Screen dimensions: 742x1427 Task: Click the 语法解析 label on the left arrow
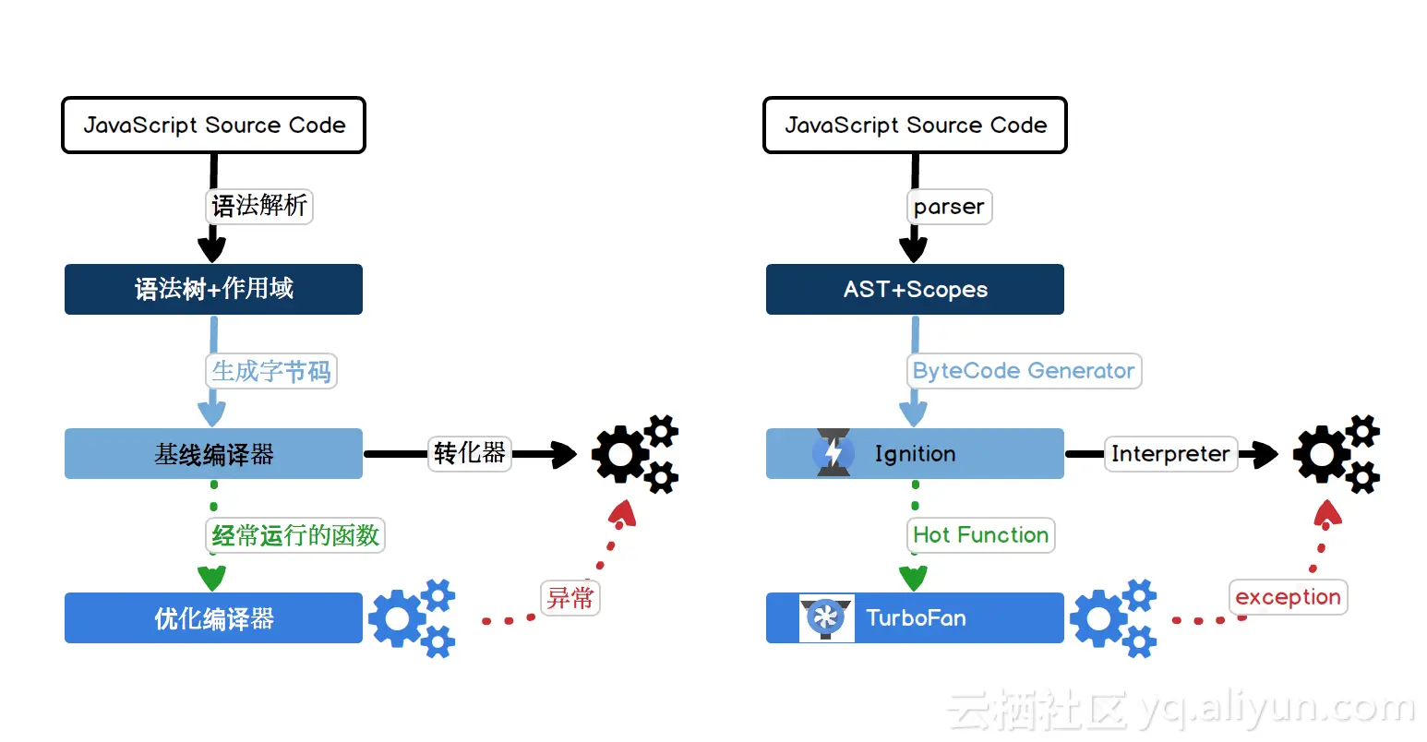tap(259, 206)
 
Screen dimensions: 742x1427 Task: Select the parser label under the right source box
tap(949, 207)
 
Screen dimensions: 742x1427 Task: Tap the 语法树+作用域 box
tap(213, 289)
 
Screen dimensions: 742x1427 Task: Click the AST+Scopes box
tap(915, 289)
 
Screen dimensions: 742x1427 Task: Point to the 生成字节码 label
tap(270, 371)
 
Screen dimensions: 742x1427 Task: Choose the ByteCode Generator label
tap(1024, 371)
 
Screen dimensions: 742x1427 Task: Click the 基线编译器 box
tap(213, 453)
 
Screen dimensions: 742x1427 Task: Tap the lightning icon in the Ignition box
tap(833, 453)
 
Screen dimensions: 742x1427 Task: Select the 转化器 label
tap(469, 453)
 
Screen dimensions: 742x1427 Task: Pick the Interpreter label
tap(1170, 454)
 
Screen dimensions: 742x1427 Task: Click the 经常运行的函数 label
tap(295, 535)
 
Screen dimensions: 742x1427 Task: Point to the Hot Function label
tap(980, 535)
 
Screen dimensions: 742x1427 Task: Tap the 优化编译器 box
tap(213, 617)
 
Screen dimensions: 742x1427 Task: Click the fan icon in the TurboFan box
tap(825, 617)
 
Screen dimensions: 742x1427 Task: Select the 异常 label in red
tap(570, 598)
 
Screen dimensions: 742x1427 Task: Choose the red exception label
tap(1288, 597)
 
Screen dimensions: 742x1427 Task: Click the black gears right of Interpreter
tap(1336, 454)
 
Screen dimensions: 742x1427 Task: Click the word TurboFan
tap(916, 617)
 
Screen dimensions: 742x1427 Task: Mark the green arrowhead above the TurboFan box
tap(913, 579)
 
